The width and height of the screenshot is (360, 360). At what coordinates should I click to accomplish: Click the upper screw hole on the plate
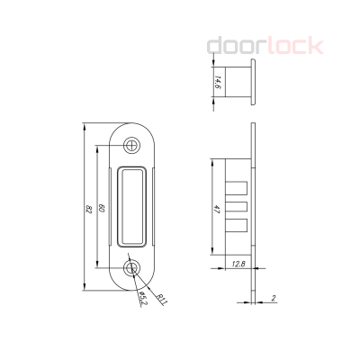tap(133, 144)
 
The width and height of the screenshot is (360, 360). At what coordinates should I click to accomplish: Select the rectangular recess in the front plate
tap(133, 206)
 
